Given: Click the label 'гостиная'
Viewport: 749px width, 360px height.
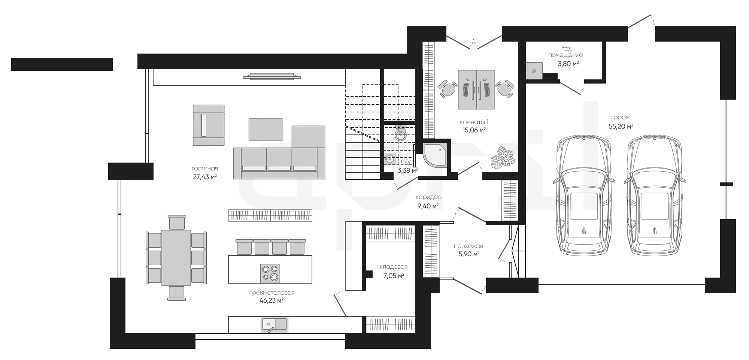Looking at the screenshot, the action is [x=204, y=169].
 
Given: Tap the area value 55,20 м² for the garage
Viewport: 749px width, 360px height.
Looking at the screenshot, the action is [x=621, y=126].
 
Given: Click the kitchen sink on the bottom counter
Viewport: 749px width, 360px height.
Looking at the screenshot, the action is [x=275, y=325].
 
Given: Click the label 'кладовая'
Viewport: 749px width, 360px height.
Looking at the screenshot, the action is [x=393, y=267].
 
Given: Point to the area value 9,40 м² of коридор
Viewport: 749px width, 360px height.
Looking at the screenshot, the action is [x=428, y=206].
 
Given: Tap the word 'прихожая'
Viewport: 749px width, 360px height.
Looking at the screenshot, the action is [x=468, y=246].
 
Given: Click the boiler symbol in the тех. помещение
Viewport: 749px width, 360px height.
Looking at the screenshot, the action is [x=534, y=71].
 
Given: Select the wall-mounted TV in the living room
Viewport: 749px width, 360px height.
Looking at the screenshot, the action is [x=272, y=76].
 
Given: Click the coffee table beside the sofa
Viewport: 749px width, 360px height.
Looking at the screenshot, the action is [x=266, y=129].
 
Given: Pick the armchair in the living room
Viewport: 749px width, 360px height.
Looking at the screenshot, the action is [x=209, y=125].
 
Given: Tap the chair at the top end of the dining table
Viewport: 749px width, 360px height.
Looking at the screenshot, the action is [x=177, y=222].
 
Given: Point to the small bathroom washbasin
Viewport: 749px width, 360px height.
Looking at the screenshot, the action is [x=390, y=158].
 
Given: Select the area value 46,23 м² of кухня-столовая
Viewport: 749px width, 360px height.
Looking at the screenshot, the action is [x=271, y=300].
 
